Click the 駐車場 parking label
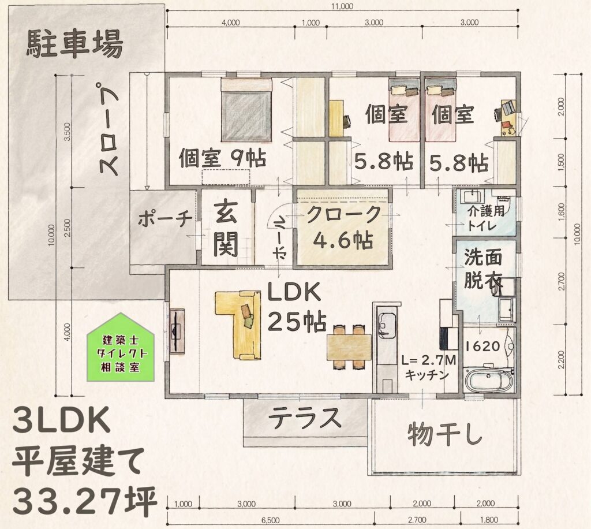click(x=74, y=44)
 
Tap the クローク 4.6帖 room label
click(x=343, y=228)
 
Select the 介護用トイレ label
click(x=486, y=218)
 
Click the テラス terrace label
click(x=305, y=418)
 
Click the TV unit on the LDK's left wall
click(x=177, y=331)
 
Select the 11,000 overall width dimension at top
click(x=342, y=6)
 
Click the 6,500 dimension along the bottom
click(x=271, y=521)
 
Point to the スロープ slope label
click(x=109, y=129)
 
